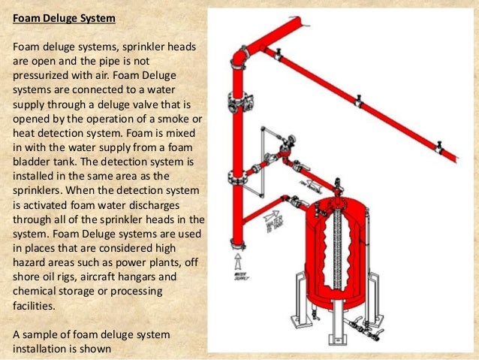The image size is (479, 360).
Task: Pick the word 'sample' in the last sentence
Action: click(x=41, y=334)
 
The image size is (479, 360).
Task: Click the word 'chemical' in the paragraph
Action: click(x=37, y=291)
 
